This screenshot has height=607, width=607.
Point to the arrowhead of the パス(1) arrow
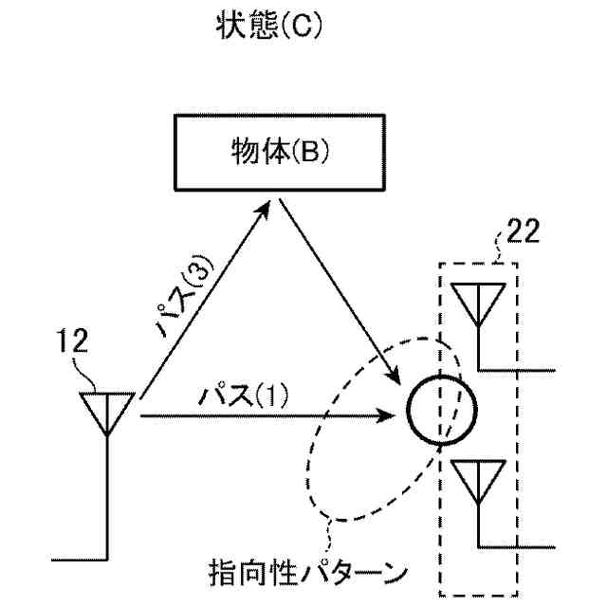coord(390,414)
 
